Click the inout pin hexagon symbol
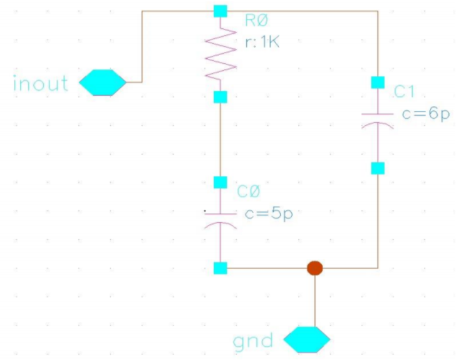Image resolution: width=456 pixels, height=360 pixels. click(103, 82)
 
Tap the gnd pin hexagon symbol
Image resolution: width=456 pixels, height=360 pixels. click(307, 339)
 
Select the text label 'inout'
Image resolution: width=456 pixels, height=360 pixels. click(41, 83)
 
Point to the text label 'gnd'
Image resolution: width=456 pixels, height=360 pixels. click(253, 342)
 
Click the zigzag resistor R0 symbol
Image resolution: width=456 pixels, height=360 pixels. click(220, 53)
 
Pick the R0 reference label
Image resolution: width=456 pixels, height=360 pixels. click(256, 21)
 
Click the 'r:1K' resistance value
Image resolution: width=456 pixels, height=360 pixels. click(262, 43)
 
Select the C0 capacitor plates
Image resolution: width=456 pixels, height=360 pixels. click(220, 221)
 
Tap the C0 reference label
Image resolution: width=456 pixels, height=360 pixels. click(248, 192)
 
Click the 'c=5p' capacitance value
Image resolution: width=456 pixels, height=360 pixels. click(269, 214)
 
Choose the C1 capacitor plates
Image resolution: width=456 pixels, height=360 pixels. click(378, 121)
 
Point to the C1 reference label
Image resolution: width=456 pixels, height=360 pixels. click(404, 91)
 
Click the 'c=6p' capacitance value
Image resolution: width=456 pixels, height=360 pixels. click(426, 114)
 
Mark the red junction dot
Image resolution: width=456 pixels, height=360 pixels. click(315, 268)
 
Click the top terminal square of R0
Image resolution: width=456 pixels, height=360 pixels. click(220, 11)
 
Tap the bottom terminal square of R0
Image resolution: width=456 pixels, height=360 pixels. click(220, 97)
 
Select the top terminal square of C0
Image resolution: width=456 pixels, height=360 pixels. click(220, 182)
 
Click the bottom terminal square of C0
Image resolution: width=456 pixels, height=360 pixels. click(220, 268)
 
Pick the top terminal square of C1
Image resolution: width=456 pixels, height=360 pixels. click(378, 82)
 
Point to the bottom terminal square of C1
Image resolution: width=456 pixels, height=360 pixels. click(378, 168)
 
